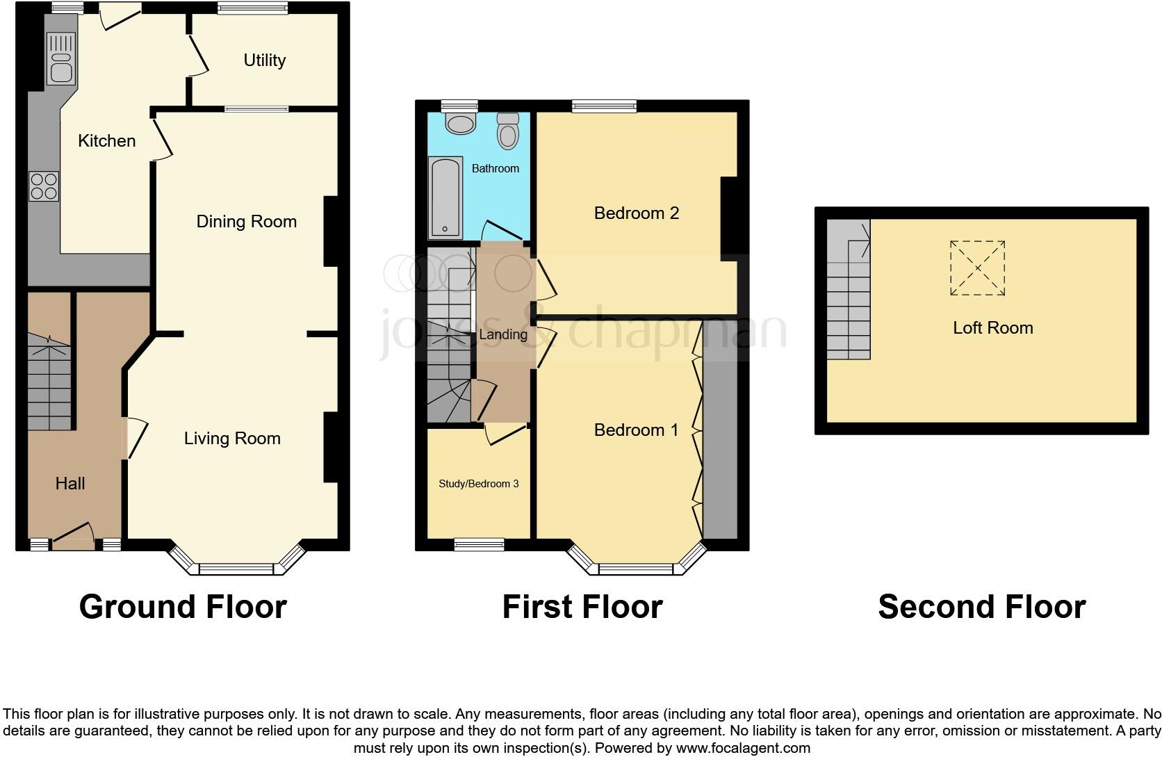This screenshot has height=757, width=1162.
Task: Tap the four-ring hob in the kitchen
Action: [x=44, y=186]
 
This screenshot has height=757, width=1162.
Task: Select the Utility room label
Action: [x=264, y=60]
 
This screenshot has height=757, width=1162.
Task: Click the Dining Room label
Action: [x=246, y=222]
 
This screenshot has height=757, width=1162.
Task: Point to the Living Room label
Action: [x=232, y=439]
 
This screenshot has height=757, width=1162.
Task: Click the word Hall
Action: [x=70, y=484]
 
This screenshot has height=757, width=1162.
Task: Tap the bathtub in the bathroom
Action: [x=445, y=197]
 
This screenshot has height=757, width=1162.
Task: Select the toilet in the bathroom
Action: [x=508, y=131]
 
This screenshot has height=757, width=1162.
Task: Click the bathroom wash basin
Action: [x=459, y=123]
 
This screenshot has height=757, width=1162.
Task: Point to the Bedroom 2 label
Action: [x=636, y=213]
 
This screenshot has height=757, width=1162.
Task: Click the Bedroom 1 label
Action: [x=636, y=430]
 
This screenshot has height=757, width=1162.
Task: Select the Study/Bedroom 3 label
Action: [x=478, y=484]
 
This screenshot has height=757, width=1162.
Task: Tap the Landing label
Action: [x=503, y=334]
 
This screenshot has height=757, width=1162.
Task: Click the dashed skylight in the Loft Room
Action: [x=977, y=268]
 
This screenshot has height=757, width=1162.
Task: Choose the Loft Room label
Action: [x=992, y=328]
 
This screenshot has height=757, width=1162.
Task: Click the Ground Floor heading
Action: [x=183, y=607]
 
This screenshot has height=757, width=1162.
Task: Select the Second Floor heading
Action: [x=981, y=607]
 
